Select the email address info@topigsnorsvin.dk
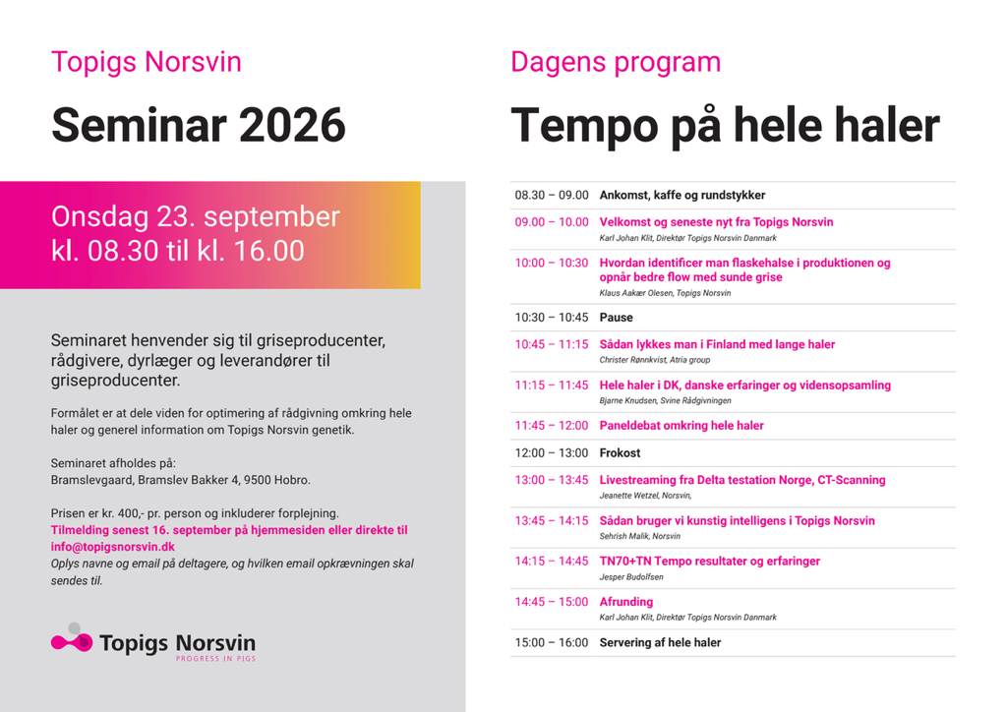[x=113, y=547]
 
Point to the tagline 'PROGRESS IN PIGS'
[x=215, y=659]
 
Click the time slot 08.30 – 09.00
[x=552, y=195]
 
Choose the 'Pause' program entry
[x=616, y=318]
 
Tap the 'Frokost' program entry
[x=620, y=453]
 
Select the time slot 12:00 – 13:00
[x=552, y=453]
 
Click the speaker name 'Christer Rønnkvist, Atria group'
[x=654, y=360]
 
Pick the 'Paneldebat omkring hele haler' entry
[x=681, y=426]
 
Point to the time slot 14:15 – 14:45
[x=552, y=562]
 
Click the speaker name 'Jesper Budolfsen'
[x=631, y=577]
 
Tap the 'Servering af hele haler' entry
[x=660, y=642]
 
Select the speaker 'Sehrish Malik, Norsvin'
[x=639, y=537]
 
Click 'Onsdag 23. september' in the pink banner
[x=196, y=217]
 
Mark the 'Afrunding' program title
[x=626, y=602]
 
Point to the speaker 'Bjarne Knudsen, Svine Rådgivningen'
[x=666, y=401]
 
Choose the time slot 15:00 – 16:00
[x=552, y=642]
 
